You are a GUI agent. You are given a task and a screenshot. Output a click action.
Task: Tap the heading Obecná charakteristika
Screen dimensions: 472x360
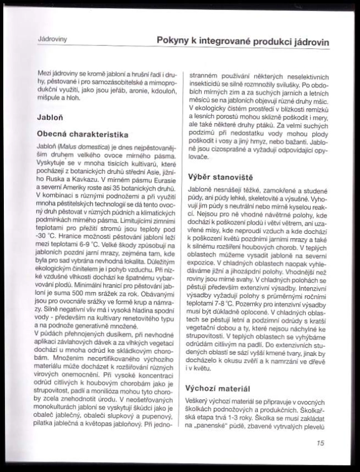(82, 134)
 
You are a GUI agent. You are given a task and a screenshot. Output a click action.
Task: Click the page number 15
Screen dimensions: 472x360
(319, 443)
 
